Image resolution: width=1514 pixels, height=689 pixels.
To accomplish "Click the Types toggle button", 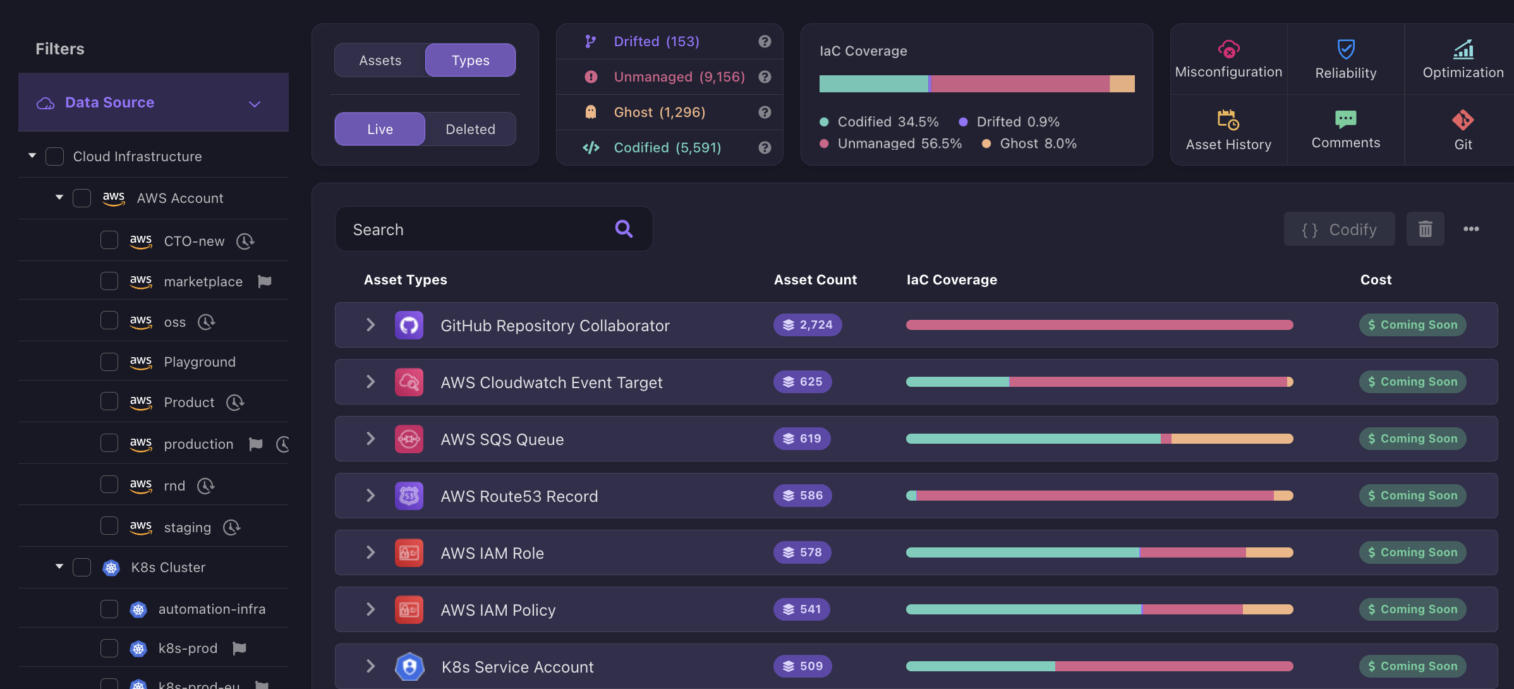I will [x=470, y=61].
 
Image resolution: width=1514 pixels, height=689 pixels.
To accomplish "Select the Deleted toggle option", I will [x=470, y=129].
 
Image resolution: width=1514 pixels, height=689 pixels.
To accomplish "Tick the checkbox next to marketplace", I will [x=109, y=281].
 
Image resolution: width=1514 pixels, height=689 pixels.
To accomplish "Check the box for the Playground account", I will [x=109, y=362].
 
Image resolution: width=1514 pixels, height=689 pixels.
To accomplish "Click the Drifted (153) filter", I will [x=656, y=42].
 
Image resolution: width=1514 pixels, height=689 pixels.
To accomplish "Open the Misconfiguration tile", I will [x=1228, y=59].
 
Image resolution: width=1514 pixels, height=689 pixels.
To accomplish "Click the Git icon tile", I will [x=1462, y=130].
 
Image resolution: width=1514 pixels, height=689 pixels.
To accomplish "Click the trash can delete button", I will [x=1425, y=229].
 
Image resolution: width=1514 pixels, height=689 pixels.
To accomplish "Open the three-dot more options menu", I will [x=1471, y=229].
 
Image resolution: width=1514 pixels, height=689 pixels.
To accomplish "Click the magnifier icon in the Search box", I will [x=624, y=229].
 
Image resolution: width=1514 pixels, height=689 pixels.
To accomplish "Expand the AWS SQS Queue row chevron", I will [x=371, y=439].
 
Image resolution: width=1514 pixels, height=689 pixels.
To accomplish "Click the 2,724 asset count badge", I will [x=808, y=325].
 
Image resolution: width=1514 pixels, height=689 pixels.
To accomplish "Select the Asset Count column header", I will [x=815, y=279].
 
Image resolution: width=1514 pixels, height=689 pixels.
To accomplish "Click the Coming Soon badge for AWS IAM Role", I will [x=1412, y=552].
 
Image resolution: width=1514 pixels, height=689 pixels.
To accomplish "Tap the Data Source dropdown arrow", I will [x=255, y=104].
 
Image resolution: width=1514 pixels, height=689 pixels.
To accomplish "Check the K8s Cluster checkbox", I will [x=82, y=567].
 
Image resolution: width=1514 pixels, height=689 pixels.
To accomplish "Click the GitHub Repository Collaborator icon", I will [x=409, y=325].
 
